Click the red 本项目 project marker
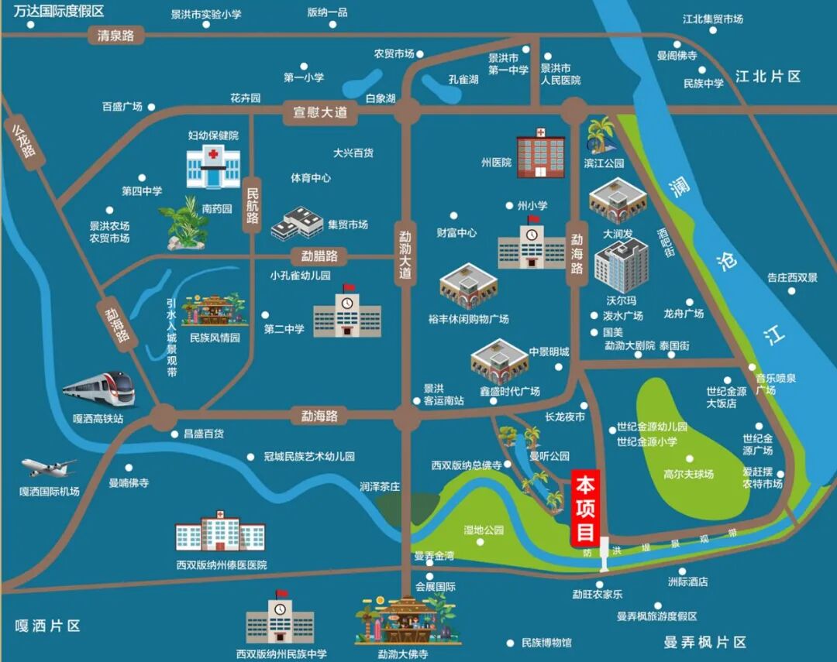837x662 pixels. pyautogui.click(x=585, y=509)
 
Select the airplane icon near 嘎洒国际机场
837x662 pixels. pyautogui.click(x=48, y=467)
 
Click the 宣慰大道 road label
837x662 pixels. pyautogui.click(x=319, y=112)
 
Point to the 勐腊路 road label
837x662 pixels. pyautogui.click(x=319, y=256)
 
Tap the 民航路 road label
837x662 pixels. pyautogui.click(x=253, y=203)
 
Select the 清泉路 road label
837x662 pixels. pyautogui.click(x=115, y=36)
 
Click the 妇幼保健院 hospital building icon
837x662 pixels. pyautogui.click(x=212, y=166)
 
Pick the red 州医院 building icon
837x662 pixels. pyautogui.click(x=541, y=153)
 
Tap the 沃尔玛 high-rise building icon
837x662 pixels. pyautogui.click(x=621, y=266)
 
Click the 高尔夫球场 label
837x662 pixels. pyautogui.click(x=688, y=474)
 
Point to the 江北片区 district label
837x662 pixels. pyautogui.click(x=767, y=77)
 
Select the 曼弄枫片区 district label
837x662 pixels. pyautogui.click(x=704, y=642)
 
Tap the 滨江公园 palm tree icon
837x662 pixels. pyautogui.click(x=601, y=135)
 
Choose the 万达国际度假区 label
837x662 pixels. pyautogui.click(x=53, y=11)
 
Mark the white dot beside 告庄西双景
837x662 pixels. pyautogui.click(x=791, y=291)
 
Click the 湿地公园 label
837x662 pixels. pyautogui.click(x=484, y=530)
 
